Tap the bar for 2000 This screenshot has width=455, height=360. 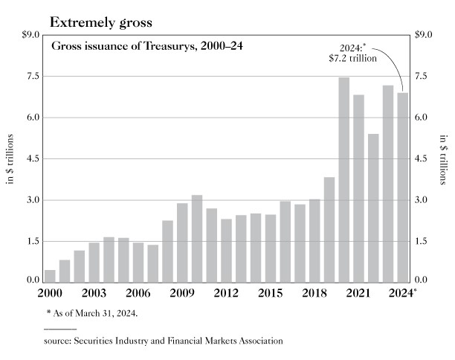pos(51,274)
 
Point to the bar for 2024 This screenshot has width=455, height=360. pos(403,186)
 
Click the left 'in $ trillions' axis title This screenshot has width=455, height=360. pos(11,158)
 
